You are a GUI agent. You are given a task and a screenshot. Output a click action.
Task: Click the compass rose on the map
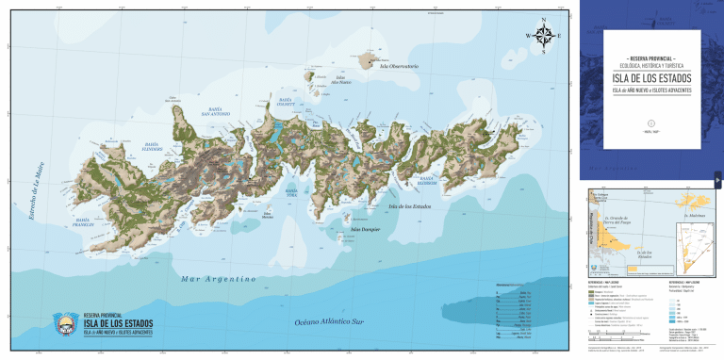[545, 37]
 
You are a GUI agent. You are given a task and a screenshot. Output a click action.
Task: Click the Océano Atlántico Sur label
[336, 322]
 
